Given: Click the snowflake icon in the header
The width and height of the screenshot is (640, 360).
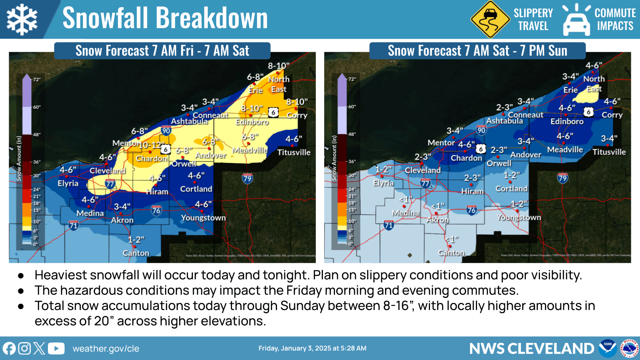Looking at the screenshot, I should point(22,19).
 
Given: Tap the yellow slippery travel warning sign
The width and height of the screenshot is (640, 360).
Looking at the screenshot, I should point(490,19).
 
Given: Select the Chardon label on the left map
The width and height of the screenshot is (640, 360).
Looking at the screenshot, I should point(151,158).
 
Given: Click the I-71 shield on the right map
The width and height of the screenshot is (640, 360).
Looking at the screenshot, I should point(388,225).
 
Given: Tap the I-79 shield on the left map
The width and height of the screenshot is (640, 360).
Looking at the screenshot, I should point(247,179).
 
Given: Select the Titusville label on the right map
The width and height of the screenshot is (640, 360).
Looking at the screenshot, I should point(609,152).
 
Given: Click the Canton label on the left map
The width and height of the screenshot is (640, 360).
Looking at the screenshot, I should point(136,253).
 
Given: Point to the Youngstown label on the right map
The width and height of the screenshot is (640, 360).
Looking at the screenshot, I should point(519,217).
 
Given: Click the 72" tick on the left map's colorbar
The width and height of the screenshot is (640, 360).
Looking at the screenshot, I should point(37,79).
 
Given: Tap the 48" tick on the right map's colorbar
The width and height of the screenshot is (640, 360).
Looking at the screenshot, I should point(352,134).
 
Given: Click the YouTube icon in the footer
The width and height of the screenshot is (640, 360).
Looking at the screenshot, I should point(56,348).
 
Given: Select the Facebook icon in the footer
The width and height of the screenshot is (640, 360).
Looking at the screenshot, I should point(9,348).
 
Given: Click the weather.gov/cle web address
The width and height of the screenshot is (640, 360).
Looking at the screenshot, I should point(106,349).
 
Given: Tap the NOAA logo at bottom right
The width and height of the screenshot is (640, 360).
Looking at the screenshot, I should point(607,348).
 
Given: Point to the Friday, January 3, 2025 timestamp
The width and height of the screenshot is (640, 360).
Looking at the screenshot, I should point(312,348).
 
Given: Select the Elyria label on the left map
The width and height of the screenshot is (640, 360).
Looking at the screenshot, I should point(68,183).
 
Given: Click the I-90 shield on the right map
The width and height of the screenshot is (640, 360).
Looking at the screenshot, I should point(481,130).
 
